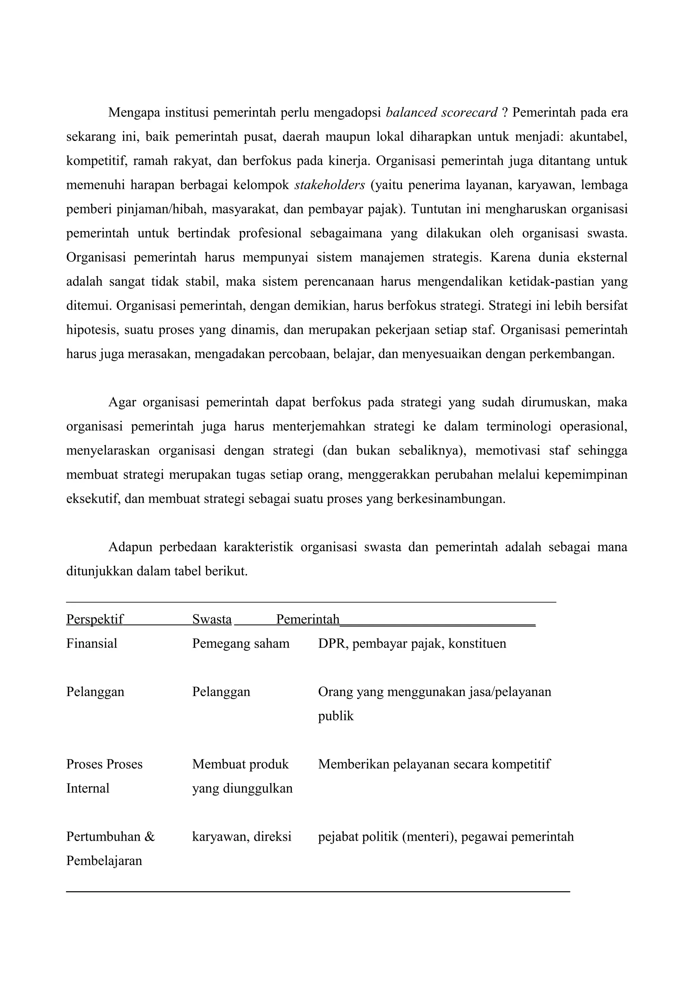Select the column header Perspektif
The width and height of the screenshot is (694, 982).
[x=95, y=619]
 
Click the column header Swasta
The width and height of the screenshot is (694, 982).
[x=212, y=619]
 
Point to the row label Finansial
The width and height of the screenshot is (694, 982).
[x=91, y=644]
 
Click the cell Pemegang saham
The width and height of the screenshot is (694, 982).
[x=241, y=644]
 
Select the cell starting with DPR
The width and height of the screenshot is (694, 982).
[x=412, y=644]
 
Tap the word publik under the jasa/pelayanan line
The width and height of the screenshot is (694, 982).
[x=336, y=716]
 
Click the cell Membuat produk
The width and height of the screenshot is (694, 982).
[x=240, y=764]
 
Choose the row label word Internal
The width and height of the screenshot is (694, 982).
[x=88, y=788]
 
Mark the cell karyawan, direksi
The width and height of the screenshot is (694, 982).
[x=242, y=837]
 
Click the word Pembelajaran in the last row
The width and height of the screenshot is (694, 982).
[x=104, y=861]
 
